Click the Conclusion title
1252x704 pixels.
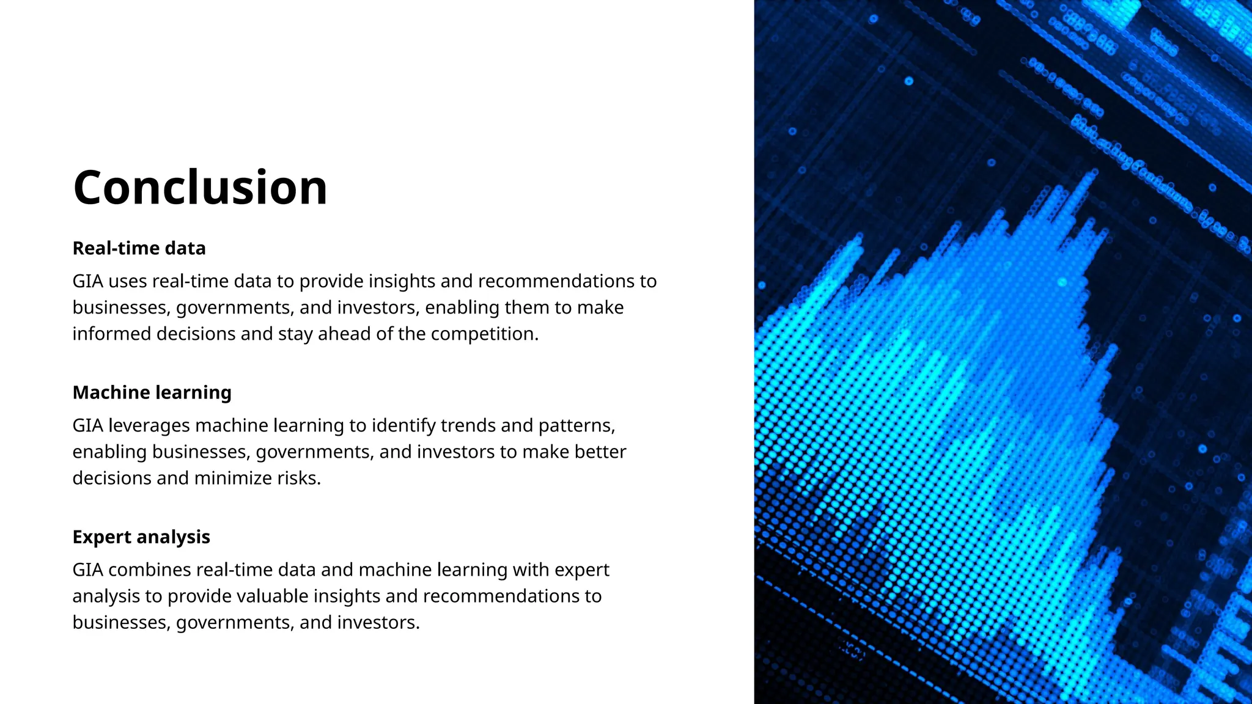(200, 188)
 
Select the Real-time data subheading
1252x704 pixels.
(139, 248)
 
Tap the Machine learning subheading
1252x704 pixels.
(152, 392)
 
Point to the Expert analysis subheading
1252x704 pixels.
(141, 537)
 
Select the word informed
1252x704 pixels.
(112, 334)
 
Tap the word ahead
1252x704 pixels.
(344, 334)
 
